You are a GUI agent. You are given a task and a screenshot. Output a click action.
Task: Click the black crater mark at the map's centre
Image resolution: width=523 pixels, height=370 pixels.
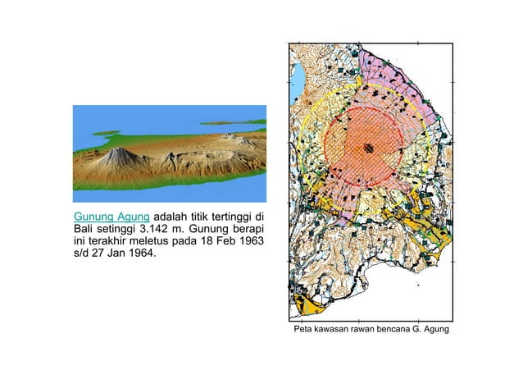coord(369,148)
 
